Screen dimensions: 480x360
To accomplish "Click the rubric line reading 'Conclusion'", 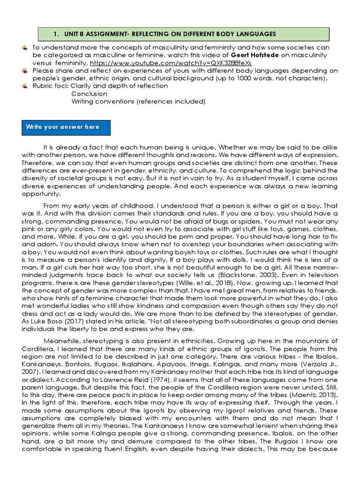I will click(x=89, y=93).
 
